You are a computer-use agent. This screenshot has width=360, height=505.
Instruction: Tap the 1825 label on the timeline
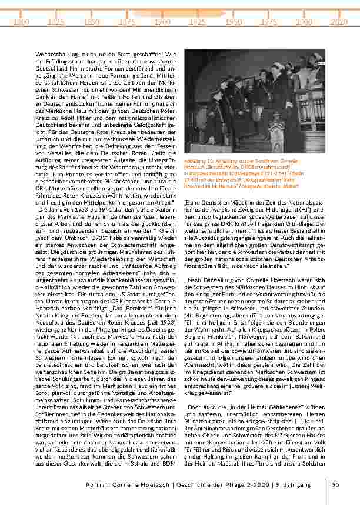point(56,21)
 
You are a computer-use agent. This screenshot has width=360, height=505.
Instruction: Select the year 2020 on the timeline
point(339,21)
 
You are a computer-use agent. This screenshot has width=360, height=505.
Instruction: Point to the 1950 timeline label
point(234,21)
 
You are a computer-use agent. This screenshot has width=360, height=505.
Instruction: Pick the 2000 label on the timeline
point(304,21)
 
